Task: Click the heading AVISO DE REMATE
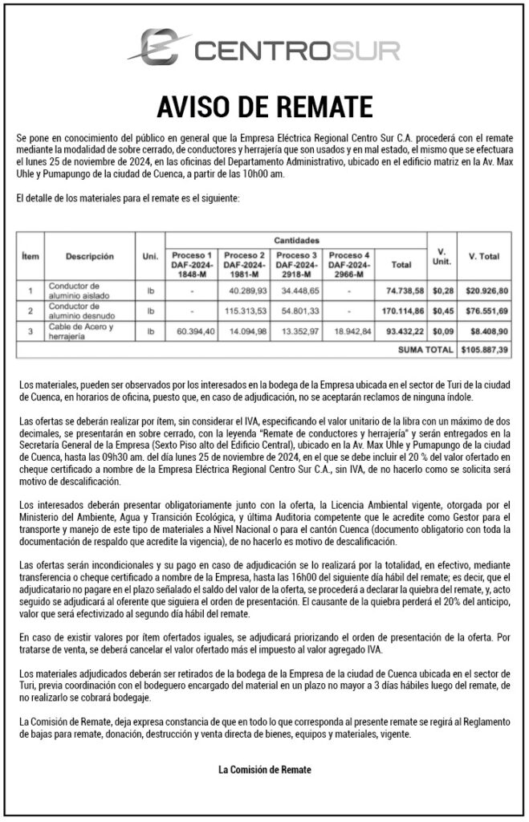(x=264, y=106)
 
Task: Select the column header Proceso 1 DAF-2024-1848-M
(x=192, y=263)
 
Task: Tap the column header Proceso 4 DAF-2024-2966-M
(x=349, y=263)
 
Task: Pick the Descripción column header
(x=90, y=257)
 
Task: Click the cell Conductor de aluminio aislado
(x=81, y=290)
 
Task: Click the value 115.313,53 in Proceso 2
(x=246, y=310)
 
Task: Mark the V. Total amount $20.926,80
(x=486, y=290)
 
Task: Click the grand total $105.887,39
(x=486, y=350)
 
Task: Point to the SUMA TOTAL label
(x=426, y=350)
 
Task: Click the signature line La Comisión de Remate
(x=264, y=770)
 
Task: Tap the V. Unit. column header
(x=442, y=257)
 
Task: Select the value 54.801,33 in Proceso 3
(x=298, y=310)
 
